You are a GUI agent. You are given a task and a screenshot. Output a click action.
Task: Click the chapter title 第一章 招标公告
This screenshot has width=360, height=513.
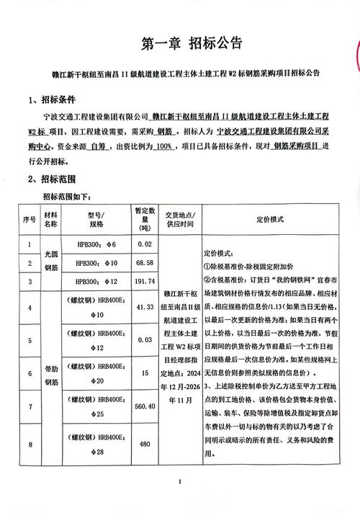(180, 44)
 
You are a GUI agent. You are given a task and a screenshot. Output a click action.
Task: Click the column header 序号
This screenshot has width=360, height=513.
(29, 218)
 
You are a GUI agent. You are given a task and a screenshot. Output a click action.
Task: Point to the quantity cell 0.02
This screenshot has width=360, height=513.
(145, 245)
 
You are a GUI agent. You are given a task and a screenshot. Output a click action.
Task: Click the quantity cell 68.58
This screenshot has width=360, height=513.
(145, 263)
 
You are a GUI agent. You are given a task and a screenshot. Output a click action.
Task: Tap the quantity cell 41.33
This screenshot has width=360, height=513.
(145, 308)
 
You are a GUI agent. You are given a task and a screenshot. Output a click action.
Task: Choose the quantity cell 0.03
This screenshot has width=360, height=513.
(145, 339)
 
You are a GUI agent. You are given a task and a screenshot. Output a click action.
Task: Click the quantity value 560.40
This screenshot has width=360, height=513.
(145, 406)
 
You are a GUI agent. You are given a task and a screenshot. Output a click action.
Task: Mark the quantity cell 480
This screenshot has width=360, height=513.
(145, 443)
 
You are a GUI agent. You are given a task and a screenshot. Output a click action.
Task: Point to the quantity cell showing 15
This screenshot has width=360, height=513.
(145, 373)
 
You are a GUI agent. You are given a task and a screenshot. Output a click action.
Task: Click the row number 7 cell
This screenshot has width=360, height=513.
(29, 406)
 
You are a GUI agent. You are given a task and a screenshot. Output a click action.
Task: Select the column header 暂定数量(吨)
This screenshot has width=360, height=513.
(145, 218)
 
